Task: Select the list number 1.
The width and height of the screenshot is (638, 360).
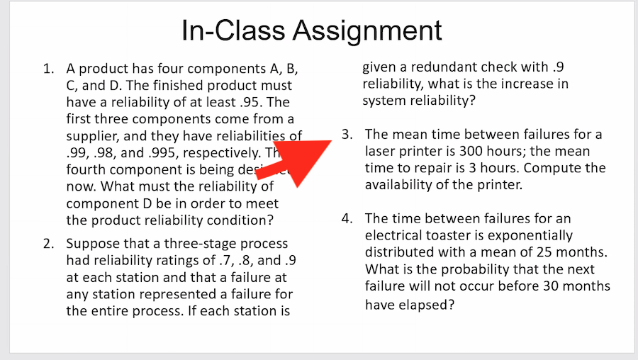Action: (48, 69)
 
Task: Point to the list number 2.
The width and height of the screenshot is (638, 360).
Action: (48, 244)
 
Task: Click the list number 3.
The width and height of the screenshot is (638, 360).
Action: (347, 135)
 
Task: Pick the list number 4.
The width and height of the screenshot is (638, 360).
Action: (347, 218)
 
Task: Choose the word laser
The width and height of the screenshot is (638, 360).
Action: (382, 152)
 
